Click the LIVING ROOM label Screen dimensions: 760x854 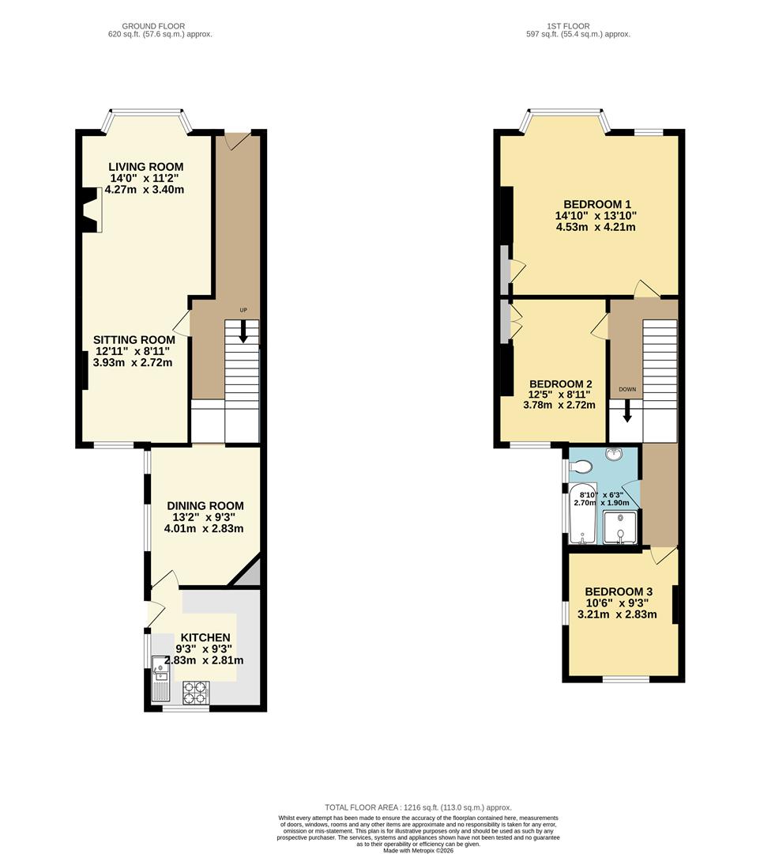point(146,167)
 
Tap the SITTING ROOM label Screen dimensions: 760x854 point(134,340)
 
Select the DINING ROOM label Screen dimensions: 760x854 point(205,506)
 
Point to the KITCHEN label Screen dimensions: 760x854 point(205,638)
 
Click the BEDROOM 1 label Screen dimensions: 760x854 point(596,204)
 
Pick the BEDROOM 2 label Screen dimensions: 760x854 point(560,384)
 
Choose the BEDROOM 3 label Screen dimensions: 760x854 point(619,591)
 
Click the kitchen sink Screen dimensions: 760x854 point(162,678)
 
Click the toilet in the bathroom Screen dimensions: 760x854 point(581,467)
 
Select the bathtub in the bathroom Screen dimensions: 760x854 point(583,513)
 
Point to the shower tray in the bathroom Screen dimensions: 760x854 point(619,527)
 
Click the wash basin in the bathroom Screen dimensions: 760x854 point(615,453)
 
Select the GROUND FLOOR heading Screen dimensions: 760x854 point(153,26)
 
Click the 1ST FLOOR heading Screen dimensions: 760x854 point(569,26)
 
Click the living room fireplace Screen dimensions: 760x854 point(92,210)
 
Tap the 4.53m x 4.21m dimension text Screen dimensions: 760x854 point(596,227)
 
